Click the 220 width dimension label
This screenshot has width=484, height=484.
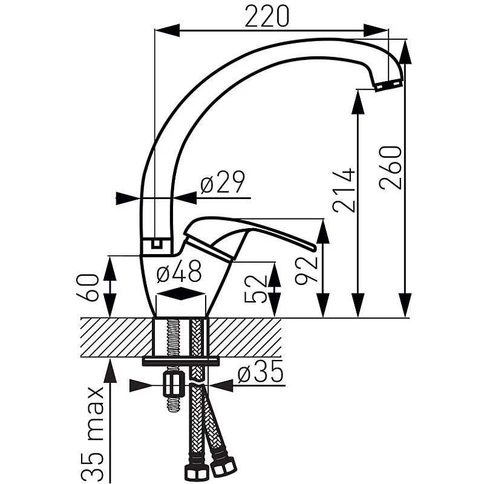(x=267, y=16)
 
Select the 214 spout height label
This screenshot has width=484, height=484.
(x=343, y=190)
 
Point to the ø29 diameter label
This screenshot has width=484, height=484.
(x=222, y=182)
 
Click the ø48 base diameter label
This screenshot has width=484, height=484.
(x=179, y=270)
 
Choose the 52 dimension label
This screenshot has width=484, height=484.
(x=255, y=289)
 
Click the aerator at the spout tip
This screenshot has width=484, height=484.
(x=388, y=85)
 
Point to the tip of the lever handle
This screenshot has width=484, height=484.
(x=314, y=247)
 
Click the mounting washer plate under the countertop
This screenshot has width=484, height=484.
(x=181, y=361)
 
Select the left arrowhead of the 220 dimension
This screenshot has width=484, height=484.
(x=167, y=30)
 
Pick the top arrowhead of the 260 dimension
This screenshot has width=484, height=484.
(x=405, y=52)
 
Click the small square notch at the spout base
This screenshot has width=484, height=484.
(x=157, y=244)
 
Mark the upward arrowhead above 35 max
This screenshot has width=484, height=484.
(x=111, y=372)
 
